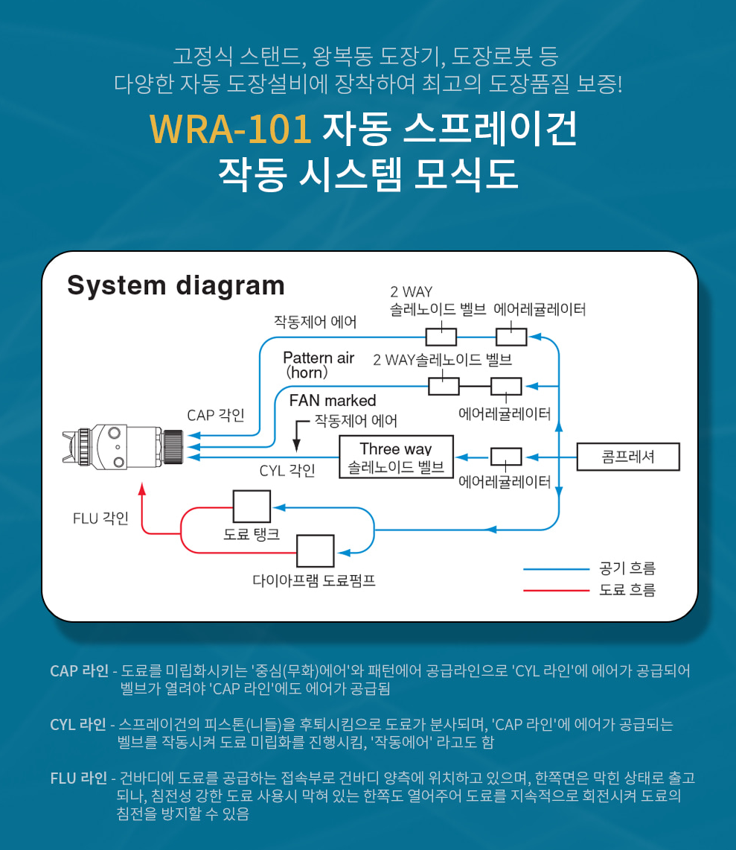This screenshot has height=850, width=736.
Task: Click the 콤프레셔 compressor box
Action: click(x=628, y=457)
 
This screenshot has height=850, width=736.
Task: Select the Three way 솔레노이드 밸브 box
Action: click(x=396, y=457)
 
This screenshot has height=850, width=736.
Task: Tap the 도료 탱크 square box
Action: click(x=252, y=507)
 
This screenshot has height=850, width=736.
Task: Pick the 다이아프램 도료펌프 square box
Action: click(x=316, y=551)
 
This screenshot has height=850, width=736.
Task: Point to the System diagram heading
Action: click(x=176, y=285)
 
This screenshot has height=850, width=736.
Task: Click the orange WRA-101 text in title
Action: click(x=230, y=128)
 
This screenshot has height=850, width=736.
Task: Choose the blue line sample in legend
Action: click(x=555, y=569)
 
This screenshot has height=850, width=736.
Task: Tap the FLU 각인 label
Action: click(x=100, y=518)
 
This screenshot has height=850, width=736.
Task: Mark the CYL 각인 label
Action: click(x=287, y=471)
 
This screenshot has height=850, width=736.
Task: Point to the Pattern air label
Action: click(x=319, y=358)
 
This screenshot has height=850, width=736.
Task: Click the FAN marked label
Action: click(x=333, y=401)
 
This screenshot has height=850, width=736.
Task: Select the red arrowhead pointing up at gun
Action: click(x=142, y=489)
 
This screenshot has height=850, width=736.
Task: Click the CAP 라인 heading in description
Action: click(x=79, y=670)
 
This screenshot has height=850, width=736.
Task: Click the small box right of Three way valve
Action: click(x=506, y=457)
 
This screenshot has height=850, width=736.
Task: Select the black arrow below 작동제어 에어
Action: click(x=296, y=443)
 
